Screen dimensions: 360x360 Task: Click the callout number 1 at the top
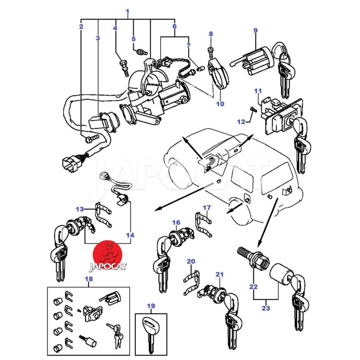pos(127,11)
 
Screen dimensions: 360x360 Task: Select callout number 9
pos(255,31)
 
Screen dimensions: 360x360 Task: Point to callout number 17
pos(207,207)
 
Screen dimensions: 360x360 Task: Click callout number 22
pos(254,287)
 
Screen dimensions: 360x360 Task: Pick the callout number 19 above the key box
pos(151,306)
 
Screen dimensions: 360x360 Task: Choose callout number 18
pos(89,279)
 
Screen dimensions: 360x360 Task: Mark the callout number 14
pos(130,235)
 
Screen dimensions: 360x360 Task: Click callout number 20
pos(191,261)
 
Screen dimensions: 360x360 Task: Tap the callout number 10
pos(220,104)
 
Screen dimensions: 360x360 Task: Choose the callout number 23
pos(265,308)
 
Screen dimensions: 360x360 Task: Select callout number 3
pos(98,38)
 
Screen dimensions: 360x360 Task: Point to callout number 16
pos(175,222)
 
